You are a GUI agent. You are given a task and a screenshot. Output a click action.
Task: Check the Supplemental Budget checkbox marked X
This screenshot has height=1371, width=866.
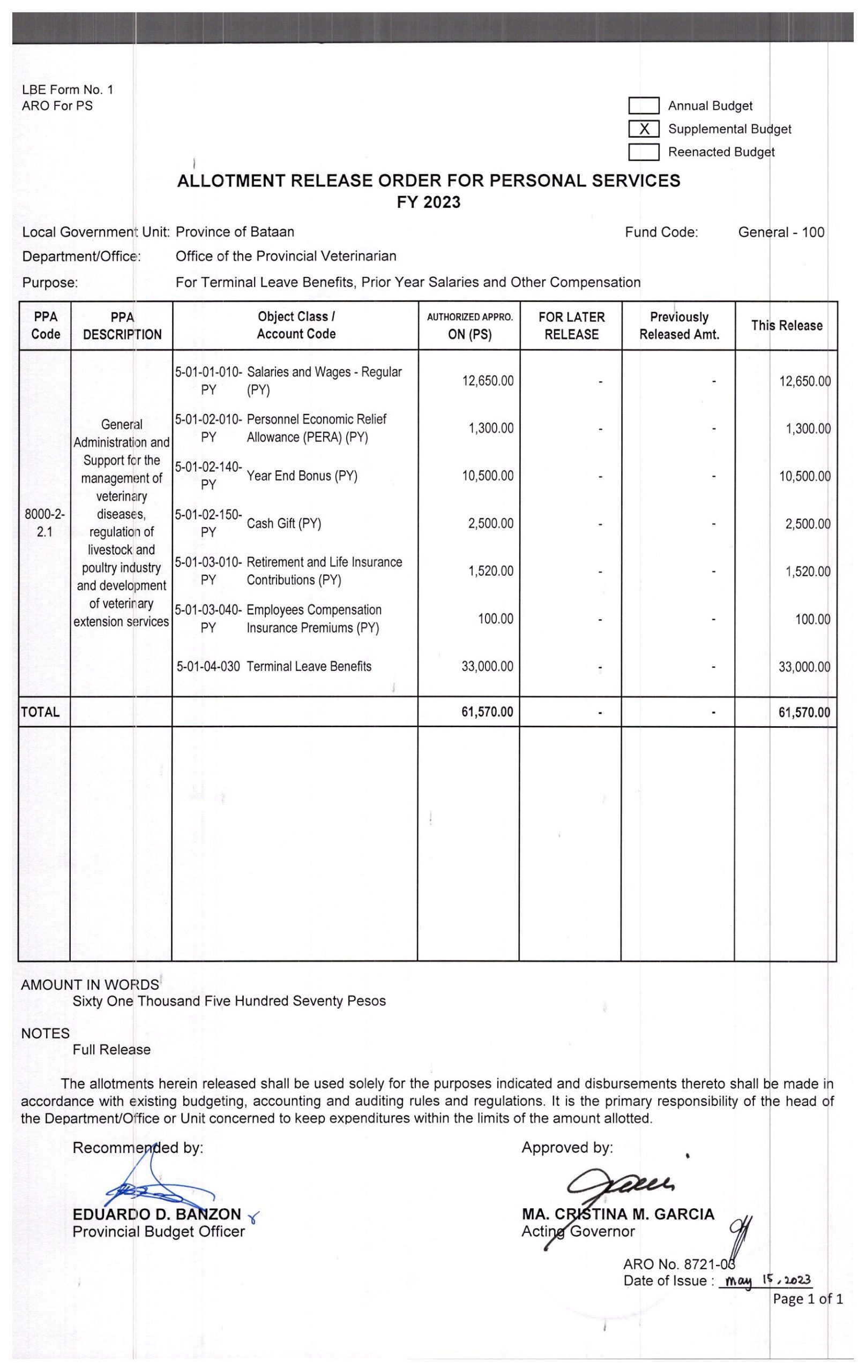click(644, 129)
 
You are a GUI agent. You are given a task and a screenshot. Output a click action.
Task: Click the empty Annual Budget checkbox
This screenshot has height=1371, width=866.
click(644, 106)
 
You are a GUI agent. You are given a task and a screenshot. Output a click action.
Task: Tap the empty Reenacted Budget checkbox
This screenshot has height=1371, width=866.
click(644, 152)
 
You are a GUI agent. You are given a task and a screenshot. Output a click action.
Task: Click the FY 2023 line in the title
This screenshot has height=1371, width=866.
click(428, 202)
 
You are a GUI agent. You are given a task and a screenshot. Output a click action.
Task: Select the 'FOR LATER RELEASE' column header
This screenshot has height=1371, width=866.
click(571, 326)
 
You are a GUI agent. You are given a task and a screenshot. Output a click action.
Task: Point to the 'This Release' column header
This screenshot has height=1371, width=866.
click(786, 326)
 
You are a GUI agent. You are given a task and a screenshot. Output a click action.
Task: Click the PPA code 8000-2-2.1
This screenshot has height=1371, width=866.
click(44, 523)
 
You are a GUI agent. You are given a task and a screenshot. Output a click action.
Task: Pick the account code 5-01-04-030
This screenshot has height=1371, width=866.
click(208, 667)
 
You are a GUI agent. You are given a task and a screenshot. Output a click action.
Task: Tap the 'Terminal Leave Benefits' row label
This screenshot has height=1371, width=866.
click(309, 667)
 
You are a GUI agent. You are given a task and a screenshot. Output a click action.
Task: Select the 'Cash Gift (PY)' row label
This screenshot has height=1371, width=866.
click(283, 524)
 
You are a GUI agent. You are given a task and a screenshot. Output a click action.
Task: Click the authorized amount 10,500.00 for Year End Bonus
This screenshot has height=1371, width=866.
click(487, 476)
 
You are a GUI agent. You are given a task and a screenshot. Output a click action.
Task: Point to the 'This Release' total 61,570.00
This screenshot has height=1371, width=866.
click(804, 712)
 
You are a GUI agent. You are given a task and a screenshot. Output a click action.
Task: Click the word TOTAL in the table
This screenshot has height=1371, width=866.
click(40, 712)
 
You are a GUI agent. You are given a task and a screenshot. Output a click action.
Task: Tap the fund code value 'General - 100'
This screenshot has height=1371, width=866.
click(781, 232)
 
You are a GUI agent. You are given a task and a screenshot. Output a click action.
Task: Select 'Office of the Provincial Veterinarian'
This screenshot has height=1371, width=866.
click(286, 256)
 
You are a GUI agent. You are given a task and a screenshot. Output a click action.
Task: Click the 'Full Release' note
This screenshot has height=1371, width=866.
click(111, 1050)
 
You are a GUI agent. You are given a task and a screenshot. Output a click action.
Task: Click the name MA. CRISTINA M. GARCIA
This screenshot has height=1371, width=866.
click(617, 1215)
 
